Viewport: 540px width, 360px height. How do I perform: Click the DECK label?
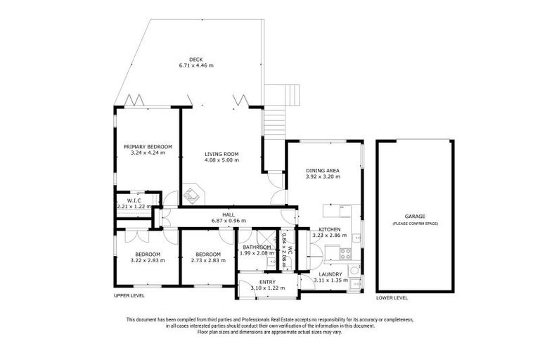tap(195, 59)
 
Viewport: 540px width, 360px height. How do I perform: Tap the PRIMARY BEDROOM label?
tap(148, 147)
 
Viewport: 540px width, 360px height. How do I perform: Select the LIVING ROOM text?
tap(221, 154)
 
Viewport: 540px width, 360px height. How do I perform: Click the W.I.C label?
tap(134, 200)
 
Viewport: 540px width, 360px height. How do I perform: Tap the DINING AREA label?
tap(324, 170)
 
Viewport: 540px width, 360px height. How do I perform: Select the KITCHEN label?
tap(330, 230)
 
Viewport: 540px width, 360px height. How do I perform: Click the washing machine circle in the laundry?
tap(355, 270)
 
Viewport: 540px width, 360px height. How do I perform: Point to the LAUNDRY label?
tap(330, 274)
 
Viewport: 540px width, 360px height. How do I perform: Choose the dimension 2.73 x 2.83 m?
tap(208, 260)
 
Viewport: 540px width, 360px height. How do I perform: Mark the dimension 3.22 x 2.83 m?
tap(148, 260)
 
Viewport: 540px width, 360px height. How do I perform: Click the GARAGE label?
tap(415, 217)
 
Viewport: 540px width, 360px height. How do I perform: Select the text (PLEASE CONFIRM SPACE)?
tap(415, 224)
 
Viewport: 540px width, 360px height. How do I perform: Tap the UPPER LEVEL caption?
tap(129, 296)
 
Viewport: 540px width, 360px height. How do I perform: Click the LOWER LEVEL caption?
tap(392, 298)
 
